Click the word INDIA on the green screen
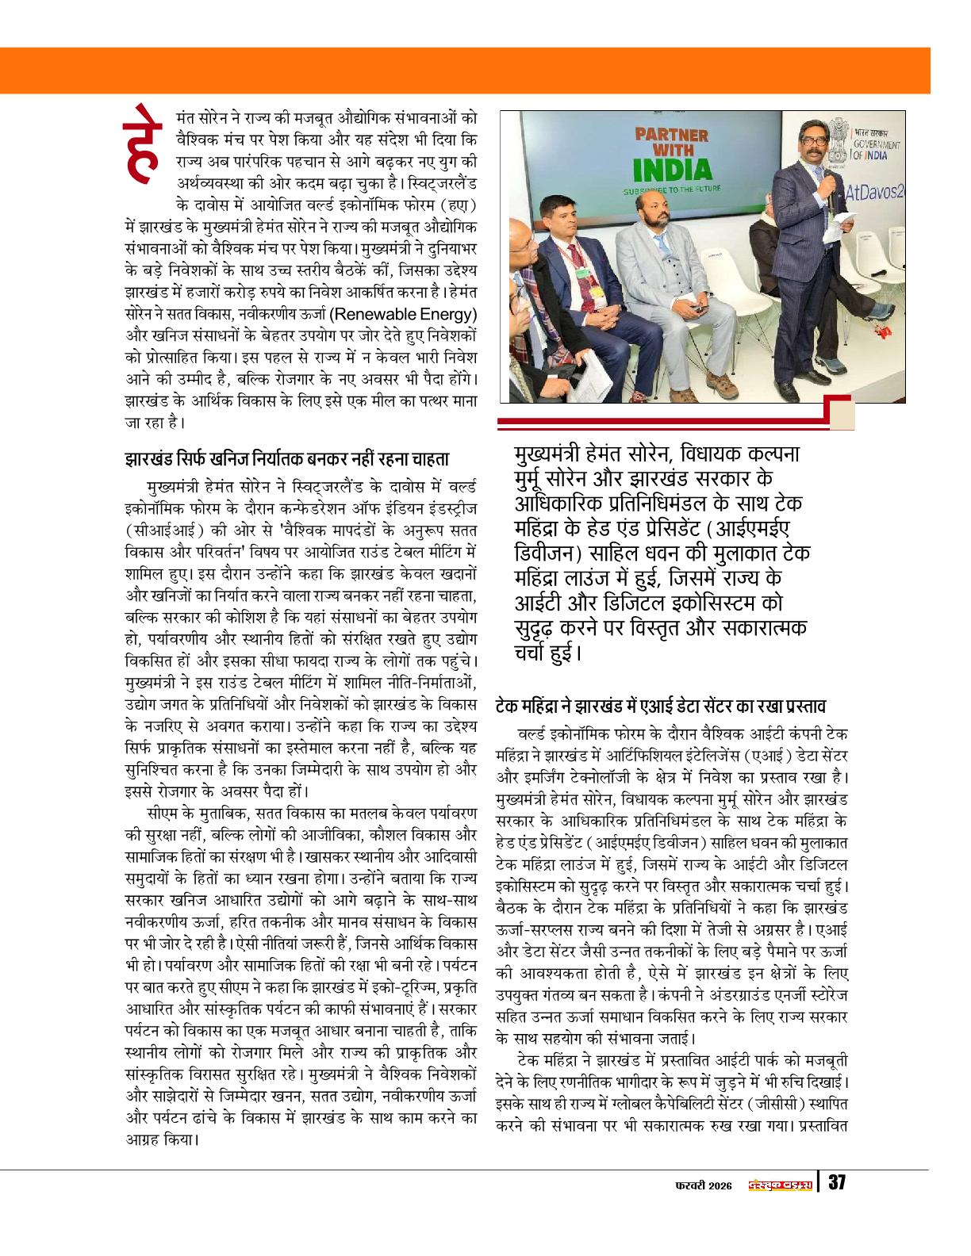[673, 168]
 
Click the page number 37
[836, 1182]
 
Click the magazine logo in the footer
[779, 1183]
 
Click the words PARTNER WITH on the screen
[672, 140]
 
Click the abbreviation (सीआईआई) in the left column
[155, 527]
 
